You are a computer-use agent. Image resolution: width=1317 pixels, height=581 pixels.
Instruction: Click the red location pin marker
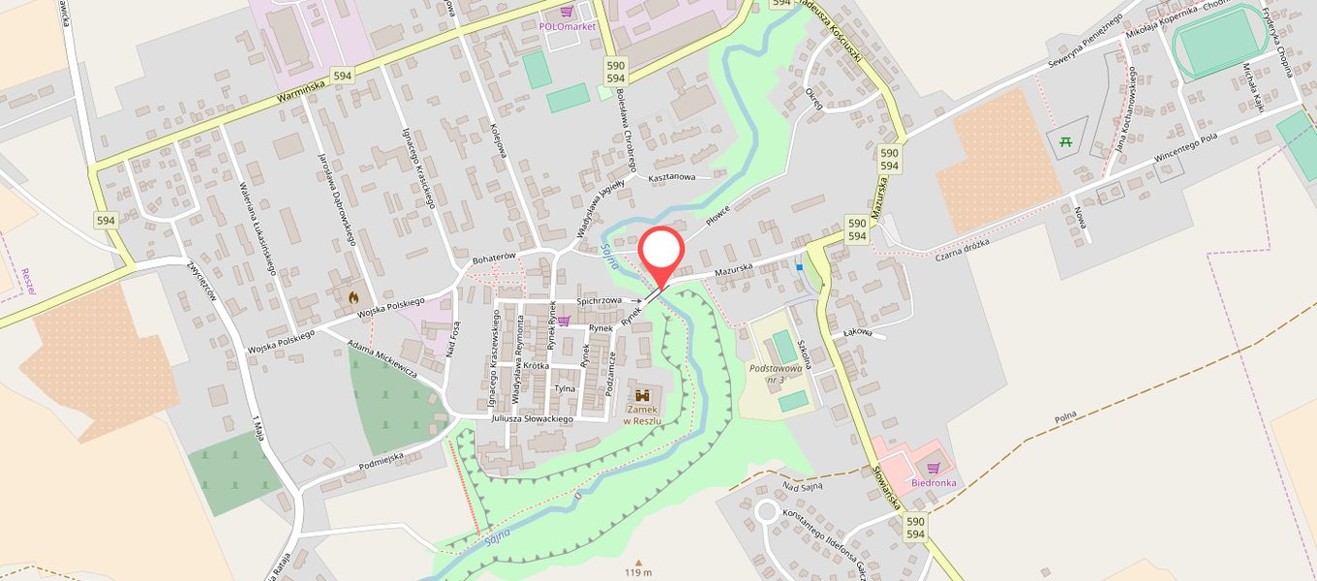point(661,254)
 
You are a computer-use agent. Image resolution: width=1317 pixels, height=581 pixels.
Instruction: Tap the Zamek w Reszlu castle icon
point(642,395)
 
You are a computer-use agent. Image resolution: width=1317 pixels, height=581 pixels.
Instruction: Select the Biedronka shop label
point(933,482)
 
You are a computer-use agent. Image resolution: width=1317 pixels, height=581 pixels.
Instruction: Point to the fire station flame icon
point(353,298)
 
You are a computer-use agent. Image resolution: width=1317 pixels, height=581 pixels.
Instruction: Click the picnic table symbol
point(1066,142)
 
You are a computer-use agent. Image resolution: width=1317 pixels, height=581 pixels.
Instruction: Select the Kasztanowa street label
point(672,177)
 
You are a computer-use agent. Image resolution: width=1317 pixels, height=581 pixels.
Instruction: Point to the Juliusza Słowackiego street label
point(533,419)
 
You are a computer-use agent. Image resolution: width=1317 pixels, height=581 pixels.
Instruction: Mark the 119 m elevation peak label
point(638,572)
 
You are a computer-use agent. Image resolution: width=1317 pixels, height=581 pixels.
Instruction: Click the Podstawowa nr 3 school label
point(778,373)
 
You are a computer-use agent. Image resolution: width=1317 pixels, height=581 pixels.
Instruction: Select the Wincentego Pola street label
point(1186,151)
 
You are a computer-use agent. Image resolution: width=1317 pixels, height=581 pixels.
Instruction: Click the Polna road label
point(1065,420)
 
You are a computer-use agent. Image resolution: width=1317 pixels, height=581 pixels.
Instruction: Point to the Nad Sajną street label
point(803,486)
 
